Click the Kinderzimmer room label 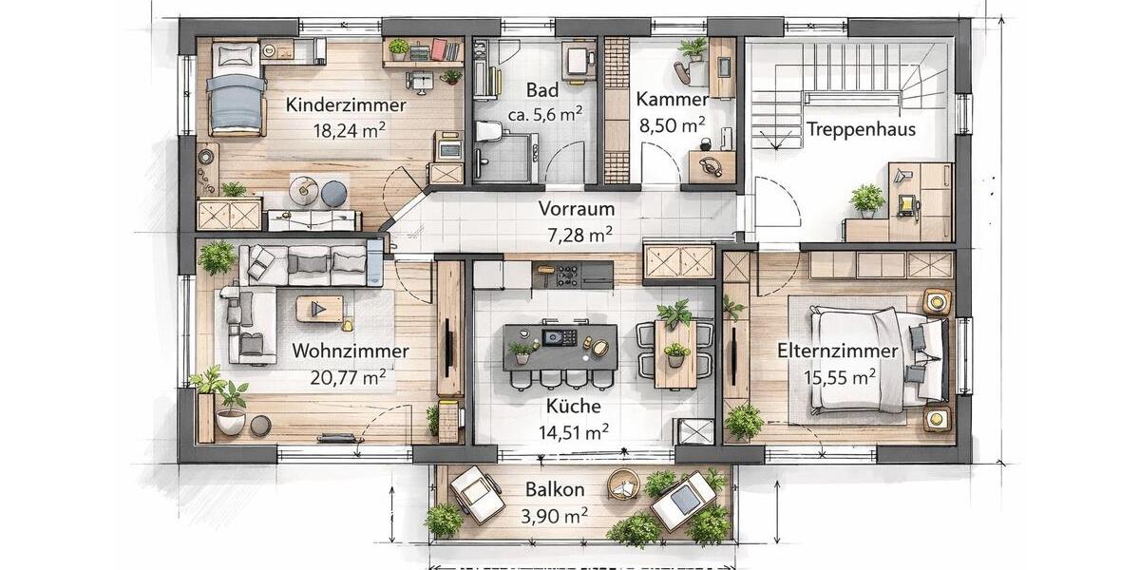pyautogui.click(x=346, y=105)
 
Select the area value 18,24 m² pyautogui.click(x=346, y=131)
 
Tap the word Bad pyautogui.click(x=541, y=90)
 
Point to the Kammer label pyautogui.click(x=673, y=100)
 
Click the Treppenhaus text pyautogui.click(x=861, y=129)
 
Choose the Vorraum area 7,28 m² pyautogui.click(x=575, y=234)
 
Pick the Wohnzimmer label pyautogui.click(x=351, y=351)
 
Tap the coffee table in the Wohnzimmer pyautogui.click(x=318, y=309)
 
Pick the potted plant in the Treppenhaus pyautogui.click(x=866, y=199)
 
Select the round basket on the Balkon pyautogui.click(x=624, y=484)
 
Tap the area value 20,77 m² pyautogui.click(x=348, y=376)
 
